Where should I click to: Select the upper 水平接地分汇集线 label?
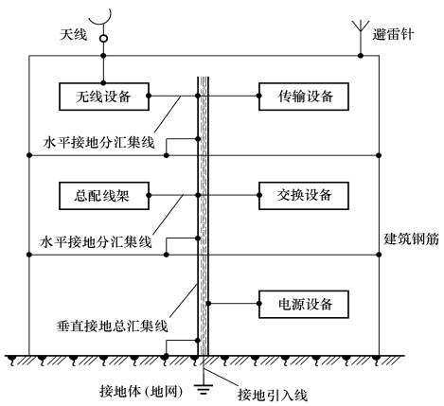point(104,143)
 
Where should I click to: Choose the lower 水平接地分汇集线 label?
point(104,243)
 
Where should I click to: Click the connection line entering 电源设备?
point(233,305)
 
